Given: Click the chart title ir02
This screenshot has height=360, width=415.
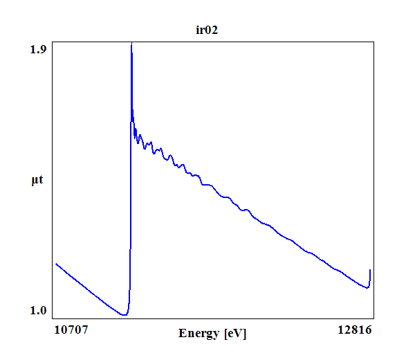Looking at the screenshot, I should point(207,30).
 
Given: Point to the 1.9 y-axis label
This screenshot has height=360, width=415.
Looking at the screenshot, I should point(38,49).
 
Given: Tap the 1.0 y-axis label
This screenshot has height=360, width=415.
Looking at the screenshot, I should point(38,311).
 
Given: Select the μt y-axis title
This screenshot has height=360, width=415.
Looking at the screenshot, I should point(37,181).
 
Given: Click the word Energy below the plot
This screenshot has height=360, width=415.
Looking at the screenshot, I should point(199,334).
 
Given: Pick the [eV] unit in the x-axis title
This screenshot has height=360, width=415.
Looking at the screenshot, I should point(234,334).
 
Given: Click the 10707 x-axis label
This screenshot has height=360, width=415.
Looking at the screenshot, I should point(71,330).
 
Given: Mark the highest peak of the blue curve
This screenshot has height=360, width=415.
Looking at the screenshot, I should point(131,44).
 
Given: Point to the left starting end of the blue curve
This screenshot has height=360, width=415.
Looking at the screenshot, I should point(56,264).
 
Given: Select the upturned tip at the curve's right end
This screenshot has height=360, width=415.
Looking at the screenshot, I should point(371,270).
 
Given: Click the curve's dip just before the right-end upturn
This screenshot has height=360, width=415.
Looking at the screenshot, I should point(367,287).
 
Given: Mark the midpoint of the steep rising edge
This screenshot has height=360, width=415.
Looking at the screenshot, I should point(130,180).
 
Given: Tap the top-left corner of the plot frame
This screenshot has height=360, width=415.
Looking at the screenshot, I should point(53,42).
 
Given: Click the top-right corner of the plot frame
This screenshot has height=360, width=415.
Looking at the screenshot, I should point(374,42).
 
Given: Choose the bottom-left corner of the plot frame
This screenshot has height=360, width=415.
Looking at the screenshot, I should point(53,318).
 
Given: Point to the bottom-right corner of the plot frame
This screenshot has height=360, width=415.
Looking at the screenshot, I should point(374,318).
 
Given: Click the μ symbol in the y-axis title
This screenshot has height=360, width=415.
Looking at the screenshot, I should point(35,181).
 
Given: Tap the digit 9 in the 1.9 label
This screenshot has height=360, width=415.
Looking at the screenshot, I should point(43,49).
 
